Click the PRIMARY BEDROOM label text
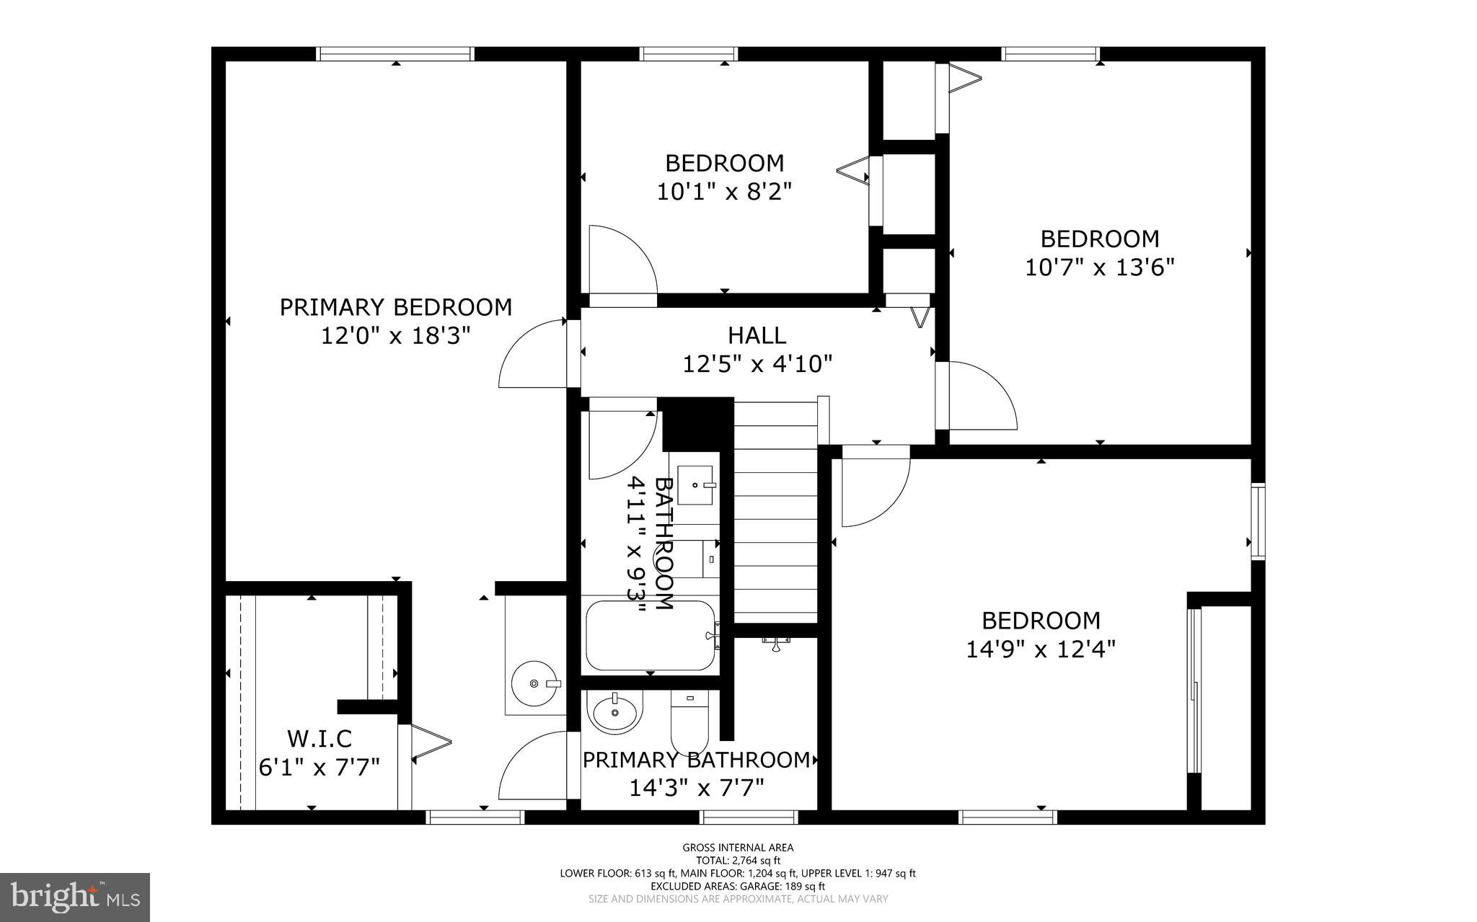pos(395,307)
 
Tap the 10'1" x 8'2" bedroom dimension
pos(724,192)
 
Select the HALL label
pos(757,335)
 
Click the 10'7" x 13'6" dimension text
pos(1099,268)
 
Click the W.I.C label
pos(319,739)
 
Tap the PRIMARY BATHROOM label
pos(696,760)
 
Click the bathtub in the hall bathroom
pos(649,636)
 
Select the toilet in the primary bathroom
pos(690,721)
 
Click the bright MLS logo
pos(75,897)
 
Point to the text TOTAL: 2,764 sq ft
pos(738,860)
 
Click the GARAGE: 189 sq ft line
pos(738,886)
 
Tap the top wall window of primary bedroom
pos(395,53)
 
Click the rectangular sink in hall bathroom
pos(695,484)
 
